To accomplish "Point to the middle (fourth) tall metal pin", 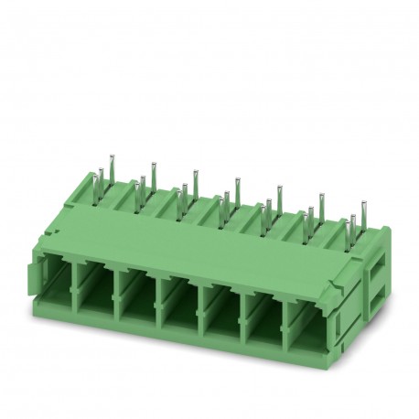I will pyautogui.click(x=236, y=182).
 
